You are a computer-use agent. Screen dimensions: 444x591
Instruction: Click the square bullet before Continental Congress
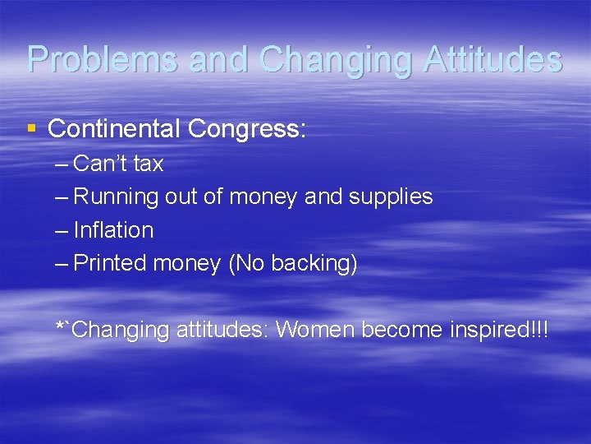point(32,128)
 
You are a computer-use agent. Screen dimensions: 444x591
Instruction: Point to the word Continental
point(114,129)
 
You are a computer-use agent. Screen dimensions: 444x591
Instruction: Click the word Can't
point(98,164)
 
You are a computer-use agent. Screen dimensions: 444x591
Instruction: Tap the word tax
point(148,164)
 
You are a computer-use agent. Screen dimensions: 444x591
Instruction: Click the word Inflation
point(113,230)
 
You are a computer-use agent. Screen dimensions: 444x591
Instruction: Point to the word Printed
point(110,264)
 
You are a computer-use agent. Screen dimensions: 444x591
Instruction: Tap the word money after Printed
point(186,264)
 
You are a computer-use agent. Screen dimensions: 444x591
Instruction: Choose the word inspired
point(488,330)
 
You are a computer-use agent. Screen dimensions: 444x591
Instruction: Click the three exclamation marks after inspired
point(539,329)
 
